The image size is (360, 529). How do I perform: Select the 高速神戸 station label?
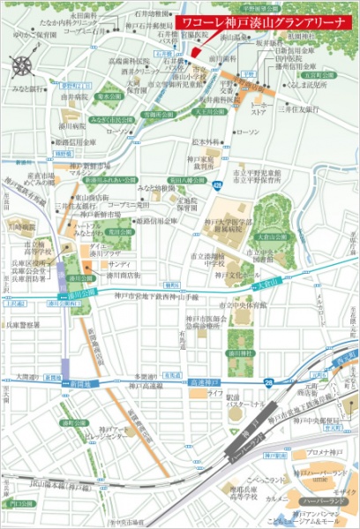pos(204,381)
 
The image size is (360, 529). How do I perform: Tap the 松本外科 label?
pos(205,141)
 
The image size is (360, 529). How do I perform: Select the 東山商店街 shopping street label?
pos(91,198)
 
